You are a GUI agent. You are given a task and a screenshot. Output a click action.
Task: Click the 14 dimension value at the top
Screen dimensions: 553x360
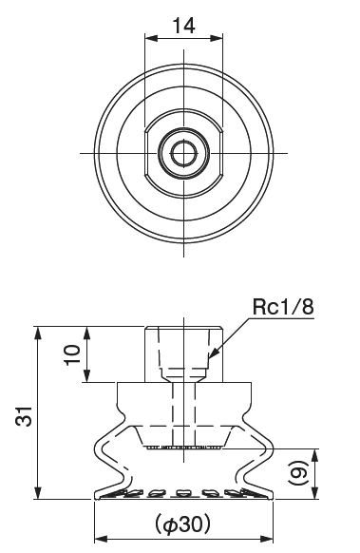coord(183,26)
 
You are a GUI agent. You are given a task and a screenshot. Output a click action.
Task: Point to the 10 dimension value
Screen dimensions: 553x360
coord(72,354)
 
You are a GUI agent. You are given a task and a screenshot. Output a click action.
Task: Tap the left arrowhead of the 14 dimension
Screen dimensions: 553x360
coord(148,39)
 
